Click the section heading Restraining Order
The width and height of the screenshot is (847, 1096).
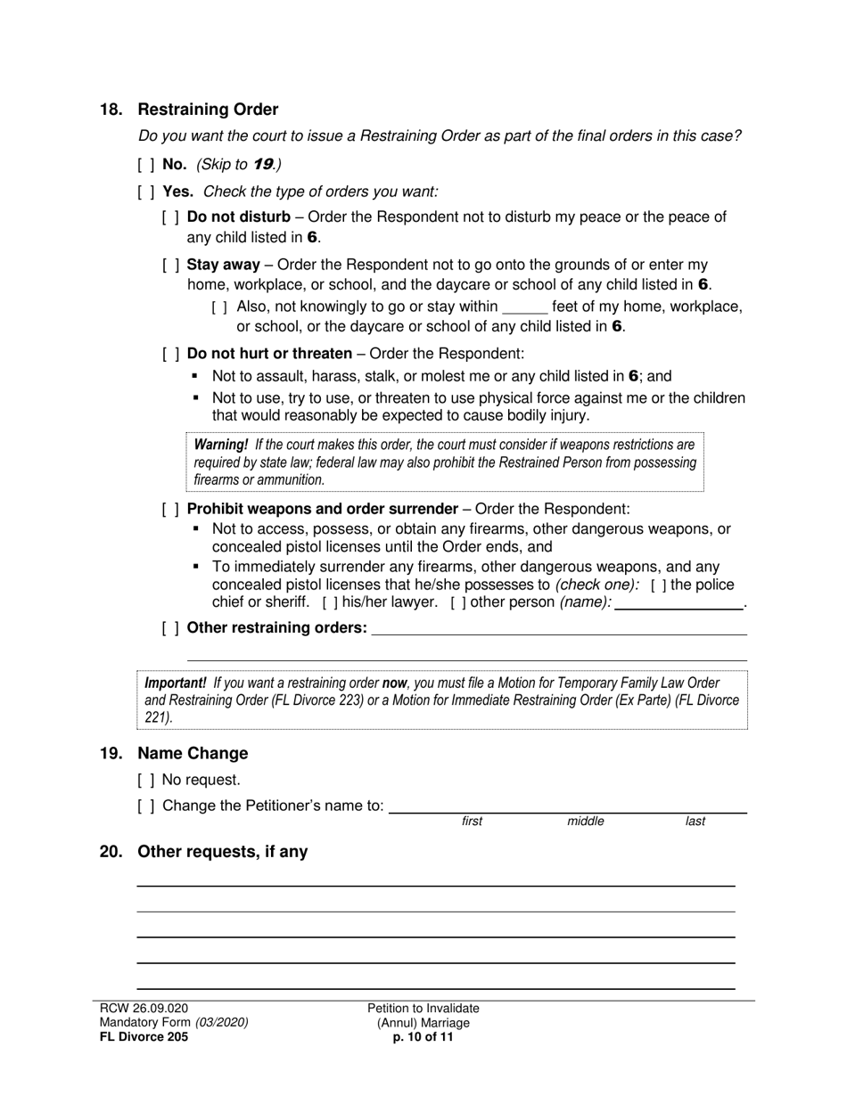208,110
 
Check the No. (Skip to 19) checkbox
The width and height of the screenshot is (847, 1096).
146,165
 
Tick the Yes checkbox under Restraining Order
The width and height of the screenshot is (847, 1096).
146,192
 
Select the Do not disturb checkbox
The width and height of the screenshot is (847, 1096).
171,217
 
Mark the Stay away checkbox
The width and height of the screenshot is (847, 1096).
171,266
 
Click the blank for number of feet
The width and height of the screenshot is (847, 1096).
524,307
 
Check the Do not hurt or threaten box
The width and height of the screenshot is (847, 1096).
171,354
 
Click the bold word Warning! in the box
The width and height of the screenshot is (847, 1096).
221,445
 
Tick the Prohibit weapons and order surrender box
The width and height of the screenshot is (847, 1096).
171,510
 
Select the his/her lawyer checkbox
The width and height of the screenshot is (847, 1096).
330,603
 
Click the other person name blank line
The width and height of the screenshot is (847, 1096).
678,603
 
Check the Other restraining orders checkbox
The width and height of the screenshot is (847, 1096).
171,628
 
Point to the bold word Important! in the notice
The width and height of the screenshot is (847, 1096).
176,683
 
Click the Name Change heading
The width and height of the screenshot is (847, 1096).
193,754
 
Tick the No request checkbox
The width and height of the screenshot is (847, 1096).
146,781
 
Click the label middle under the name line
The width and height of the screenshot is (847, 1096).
586,822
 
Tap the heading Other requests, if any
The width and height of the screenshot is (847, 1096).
222,852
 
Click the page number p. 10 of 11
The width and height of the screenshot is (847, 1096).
423,1037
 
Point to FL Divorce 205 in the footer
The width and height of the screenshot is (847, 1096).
144,1037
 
